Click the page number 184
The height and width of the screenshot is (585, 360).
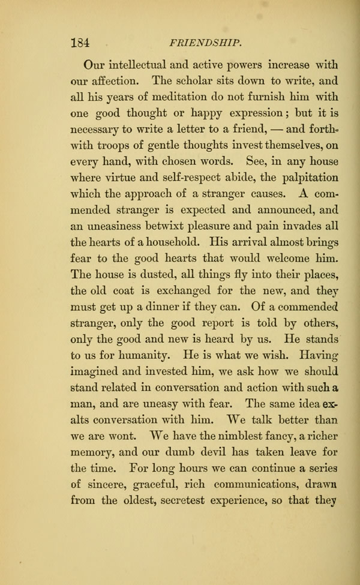80,43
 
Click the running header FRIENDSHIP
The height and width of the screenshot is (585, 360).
206,43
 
